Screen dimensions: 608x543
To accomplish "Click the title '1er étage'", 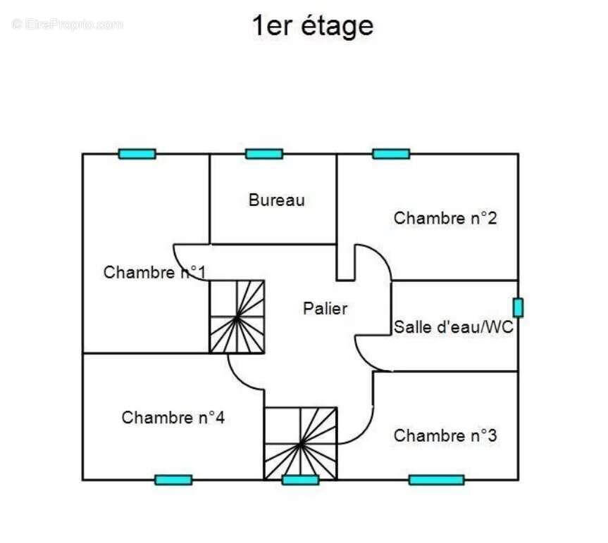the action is click(x=313, y=26).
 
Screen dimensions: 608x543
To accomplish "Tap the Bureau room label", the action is click(x=276, y=200).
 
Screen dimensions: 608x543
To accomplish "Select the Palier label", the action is click(x=325, y=309).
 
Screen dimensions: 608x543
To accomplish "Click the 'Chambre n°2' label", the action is click(x=445, y=218).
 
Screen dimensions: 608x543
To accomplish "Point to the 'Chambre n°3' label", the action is click(x=445, y=435).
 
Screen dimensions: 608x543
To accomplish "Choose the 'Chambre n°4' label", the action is click(x=173, y=418).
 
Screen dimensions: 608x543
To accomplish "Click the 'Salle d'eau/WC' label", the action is click(x=453, y=327).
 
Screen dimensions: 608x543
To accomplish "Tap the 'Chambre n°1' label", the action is click(x=154, y=272).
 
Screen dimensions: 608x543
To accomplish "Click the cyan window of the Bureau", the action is click(x=264, y=154).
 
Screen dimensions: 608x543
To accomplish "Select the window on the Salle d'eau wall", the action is click(x=518, y=307).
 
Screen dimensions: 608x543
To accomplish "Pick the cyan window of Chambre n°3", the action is click(x=436, y=480).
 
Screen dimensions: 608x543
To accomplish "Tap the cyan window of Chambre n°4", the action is click(x=173, y=480).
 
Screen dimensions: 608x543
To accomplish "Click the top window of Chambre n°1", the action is click(x=137, y=154).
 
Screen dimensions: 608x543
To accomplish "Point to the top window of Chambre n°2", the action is click(x=391, y=154).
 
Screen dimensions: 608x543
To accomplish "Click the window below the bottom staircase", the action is click(x=301, y=480).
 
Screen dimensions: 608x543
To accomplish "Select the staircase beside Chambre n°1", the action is click(x=237, y=317).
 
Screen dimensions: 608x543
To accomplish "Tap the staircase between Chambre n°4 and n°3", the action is click(x=301, y=444).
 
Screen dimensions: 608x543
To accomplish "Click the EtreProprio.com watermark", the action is click(x=67, y=25).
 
